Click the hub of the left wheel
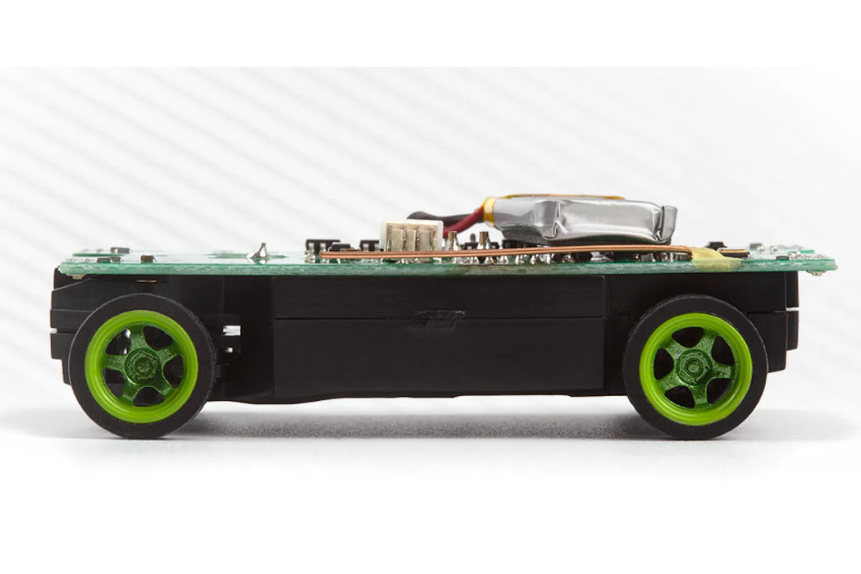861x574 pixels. click(142, 366)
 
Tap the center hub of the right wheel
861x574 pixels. click(695, 368)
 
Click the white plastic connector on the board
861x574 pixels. click(412, 235)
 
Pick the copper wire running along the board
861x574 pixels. click(492, 252)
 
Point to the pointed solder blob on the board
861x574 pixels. click(260, 250)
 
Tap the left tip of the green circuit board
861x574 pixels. click(64, 267)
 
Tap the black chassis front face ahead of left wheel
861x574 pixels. click(58, 328)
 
